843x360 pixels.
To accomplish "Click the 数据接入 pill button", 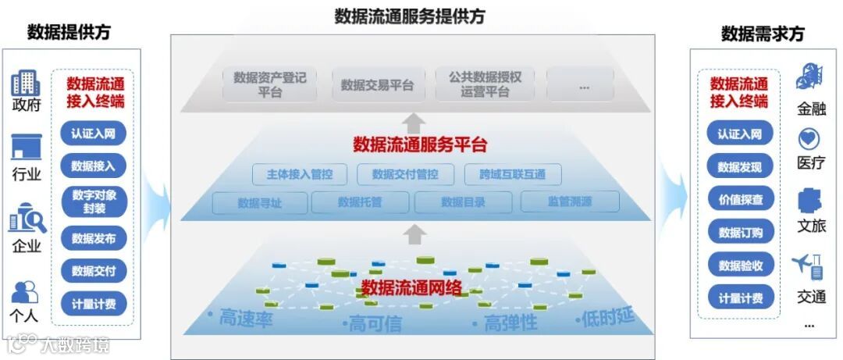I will [x=93, y=166].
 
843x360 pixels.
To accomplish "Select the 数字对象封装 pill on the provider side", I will [x=93, y=201].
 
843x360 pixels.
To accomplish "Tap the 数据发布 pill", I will [x=93, y=238].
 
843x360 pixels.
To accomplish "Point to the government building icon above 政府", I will [x=25, y=83].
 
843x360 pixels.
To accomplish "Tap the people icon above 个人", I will [x=25, y=292].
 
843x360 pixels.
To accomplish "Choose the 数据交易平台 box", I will [x=377, y=85].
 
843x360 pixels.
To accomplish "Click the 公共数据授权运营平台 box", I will [x=484, y=84].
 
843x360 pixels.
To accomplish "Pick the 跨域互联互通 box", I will [x=512, y=174].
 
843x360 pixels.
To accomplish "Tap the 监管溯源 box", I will [x=569, y=202].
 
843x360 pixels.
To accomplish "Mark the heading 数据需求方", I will [x=762, y=34].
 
